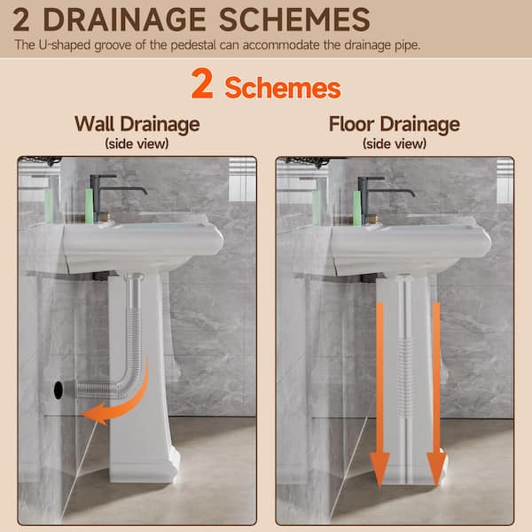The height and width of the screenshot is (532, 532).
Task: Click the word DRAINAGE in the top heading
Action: click(124, 20)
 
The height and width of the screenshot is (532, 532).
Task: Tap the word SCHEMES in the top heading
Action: click(294, 20)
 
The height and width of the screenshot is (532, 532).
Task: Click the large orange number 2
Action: click(202, 83)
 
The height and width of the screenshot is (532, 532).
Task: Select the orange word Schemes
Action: click(283, 88)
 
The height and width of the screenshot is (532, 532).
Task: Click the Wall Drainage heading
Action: click(137, 124)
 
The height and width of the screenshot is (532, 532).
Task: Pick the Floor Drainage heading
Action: click(395, 124)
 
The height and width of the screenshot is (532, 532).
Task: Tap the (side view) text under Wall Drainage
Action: click(137, 144)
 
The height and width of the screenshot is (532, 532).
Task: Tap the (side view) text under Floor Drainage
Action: click(395, 144)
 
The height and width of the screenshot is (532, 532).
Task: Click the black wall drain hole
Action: click(59, 390)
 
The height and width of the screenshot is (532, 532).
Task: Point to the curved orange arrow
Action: click(136, 401)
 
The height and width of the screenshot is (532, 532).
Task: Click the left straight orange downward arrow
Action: click(379, 394)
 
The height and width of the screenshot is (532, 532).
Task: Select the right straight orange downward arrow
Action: click(436, 394)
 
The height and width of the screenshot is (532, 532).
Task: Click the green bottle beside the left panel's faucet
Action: click(89, 206)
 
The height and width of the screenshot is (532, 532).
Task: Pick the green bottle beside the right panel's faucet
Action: click(357, 208)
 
